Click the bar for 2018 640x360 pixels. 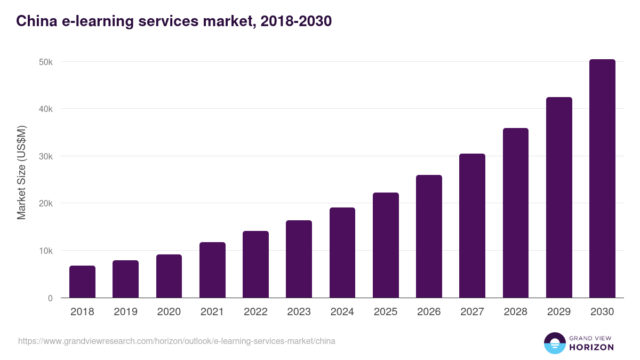[82, 282]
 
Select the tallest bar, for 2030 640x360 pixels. [602, 179]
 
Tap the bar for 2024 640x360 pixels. [342, 253]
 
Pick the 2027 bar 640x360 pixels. [472, 226]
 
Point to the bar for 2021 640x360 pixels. [212, 270]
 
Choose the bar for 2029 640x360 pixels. [559, 197]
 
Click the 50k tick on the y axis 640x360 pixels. [46, 62]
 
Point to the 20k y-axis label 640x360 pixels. [46, 204]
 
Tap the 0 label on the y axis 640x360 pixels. [50, 298]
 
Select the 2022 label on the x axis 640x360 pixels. [255, 312]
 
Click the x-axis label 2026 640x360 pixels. [429, 312]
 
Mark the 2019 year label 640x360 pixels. [126, 312]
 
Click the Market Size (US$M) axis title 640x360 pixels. [21, 172]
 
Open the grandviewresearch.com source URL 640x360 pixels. [177, 341]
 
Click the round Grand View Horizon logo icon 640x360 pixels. [555, 343]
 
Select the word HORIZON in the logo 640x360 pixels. [592, 347]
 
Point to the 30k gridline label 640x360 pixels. [46, 156]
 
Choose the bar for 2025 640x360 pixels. [386, 245]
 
